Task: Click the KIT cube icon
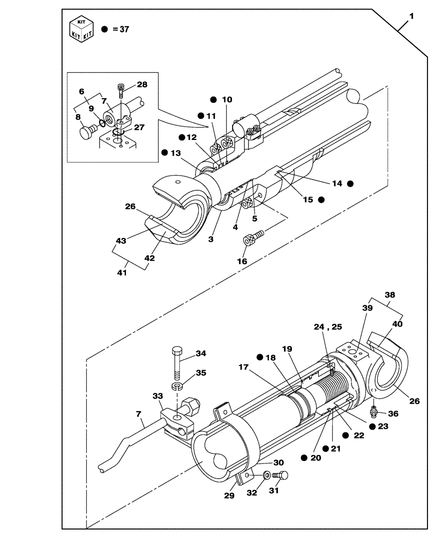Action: click(81, 29)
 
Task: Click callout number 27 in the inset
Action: click(139, 128)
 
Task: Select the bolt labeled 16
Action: click(253, 237)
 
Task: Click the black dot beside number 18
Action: click(259, 358)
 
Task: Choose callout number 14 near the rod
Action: click(337, 183)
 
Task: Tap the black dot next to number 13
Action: click(164, 153)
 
